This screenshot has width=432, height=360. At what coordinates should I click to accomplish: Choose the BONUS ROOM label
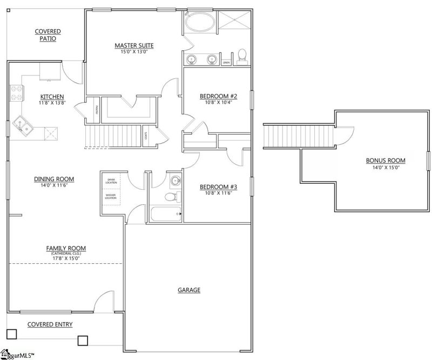[x=385, y=161]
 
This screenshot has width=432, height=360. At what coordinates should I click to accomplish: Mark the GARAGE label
[x=189, y=290]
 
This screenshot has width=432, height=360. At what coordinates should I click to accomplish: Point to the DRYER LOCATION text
[x=111, y=181]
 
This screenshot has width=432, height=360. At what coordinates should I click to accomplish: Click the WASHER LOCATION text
[x=111, y=197]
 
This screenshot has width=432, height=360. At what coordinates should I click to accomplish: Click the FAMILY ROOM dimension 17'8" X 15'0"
[x=66, y=258]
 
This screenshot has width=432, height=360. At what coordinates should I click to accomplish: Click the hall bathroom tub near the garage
[x=165, y=215]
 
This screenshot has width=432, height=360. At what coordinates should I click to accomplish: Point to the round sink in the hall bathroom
[x=175, y=181]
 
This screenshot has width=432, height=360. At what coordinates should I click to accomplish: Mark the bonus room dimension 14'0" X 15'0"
[x=385, y=167]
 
